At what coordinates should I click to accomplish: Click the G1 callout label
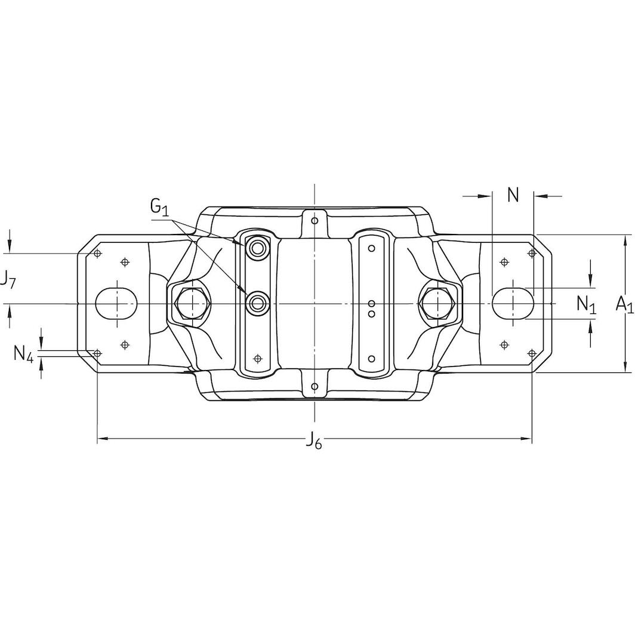pyautogui.click(x=159, y=208)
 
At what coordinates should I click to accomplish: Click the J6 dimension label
pyautogui.click(x=314, y=442)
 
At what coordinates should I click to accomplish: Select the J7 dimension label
pyautogui.click(x=8, y=280)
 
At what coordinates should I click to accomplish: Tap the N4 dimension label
pyautogui.click(x=24, y=354)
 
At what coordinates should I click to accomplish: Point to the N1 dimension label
pyautogui.click(x=586, y=304)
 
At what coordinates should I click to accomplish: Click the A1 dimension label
pyautogui.click(x=624, y=304)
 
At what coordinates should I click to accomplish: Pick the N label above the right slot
pyautogui.click(x=513, y=195)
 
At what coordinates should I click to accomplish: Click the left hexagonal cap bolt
pyautogui.click(x=190, y=304)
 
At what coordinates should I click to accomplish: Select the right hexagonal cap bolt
pyautogui.click(x=439, y=304)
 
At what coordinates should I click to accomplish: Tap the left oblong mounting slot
pyautogui.click(x=117, y=304)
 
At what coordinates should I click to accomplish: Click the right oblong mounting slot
pyautogui.click(x=513, y=304)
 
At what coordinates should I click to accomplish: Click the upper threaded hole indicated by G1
pyautogui.click(x=258, y=248)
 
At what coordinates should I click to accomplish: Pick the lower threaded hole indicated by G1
pyautogui.click(x=258, y=304)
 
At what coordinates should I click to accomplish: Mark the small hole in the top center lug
pyautogui.click(x=315, y=221)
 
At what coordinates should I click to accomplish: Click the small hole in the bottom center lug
pyautogui.click(x=315, y=387)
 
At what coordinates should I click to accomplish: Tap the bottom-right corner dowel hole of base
pyautogui.click(x=532, y=353)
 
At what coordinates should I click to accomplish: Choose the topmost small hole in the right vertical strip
pyautogui.click(x=371, y=248)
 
